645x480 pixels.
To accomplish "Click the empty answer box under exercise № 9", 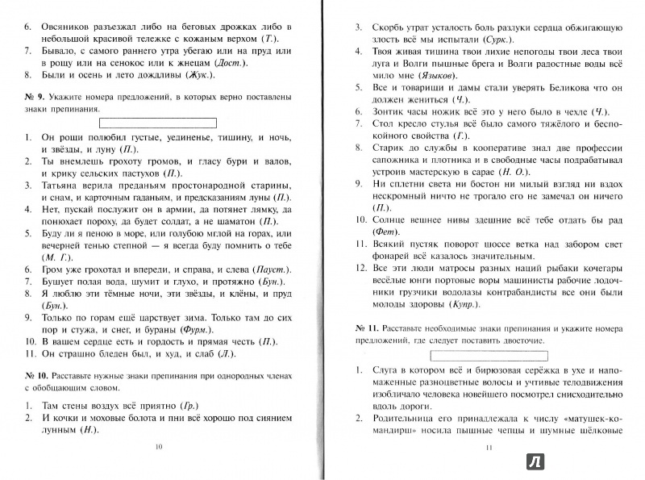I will tap(157, 123).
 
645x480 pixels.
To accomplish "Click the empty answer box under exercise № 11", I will tap(484, 354).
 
